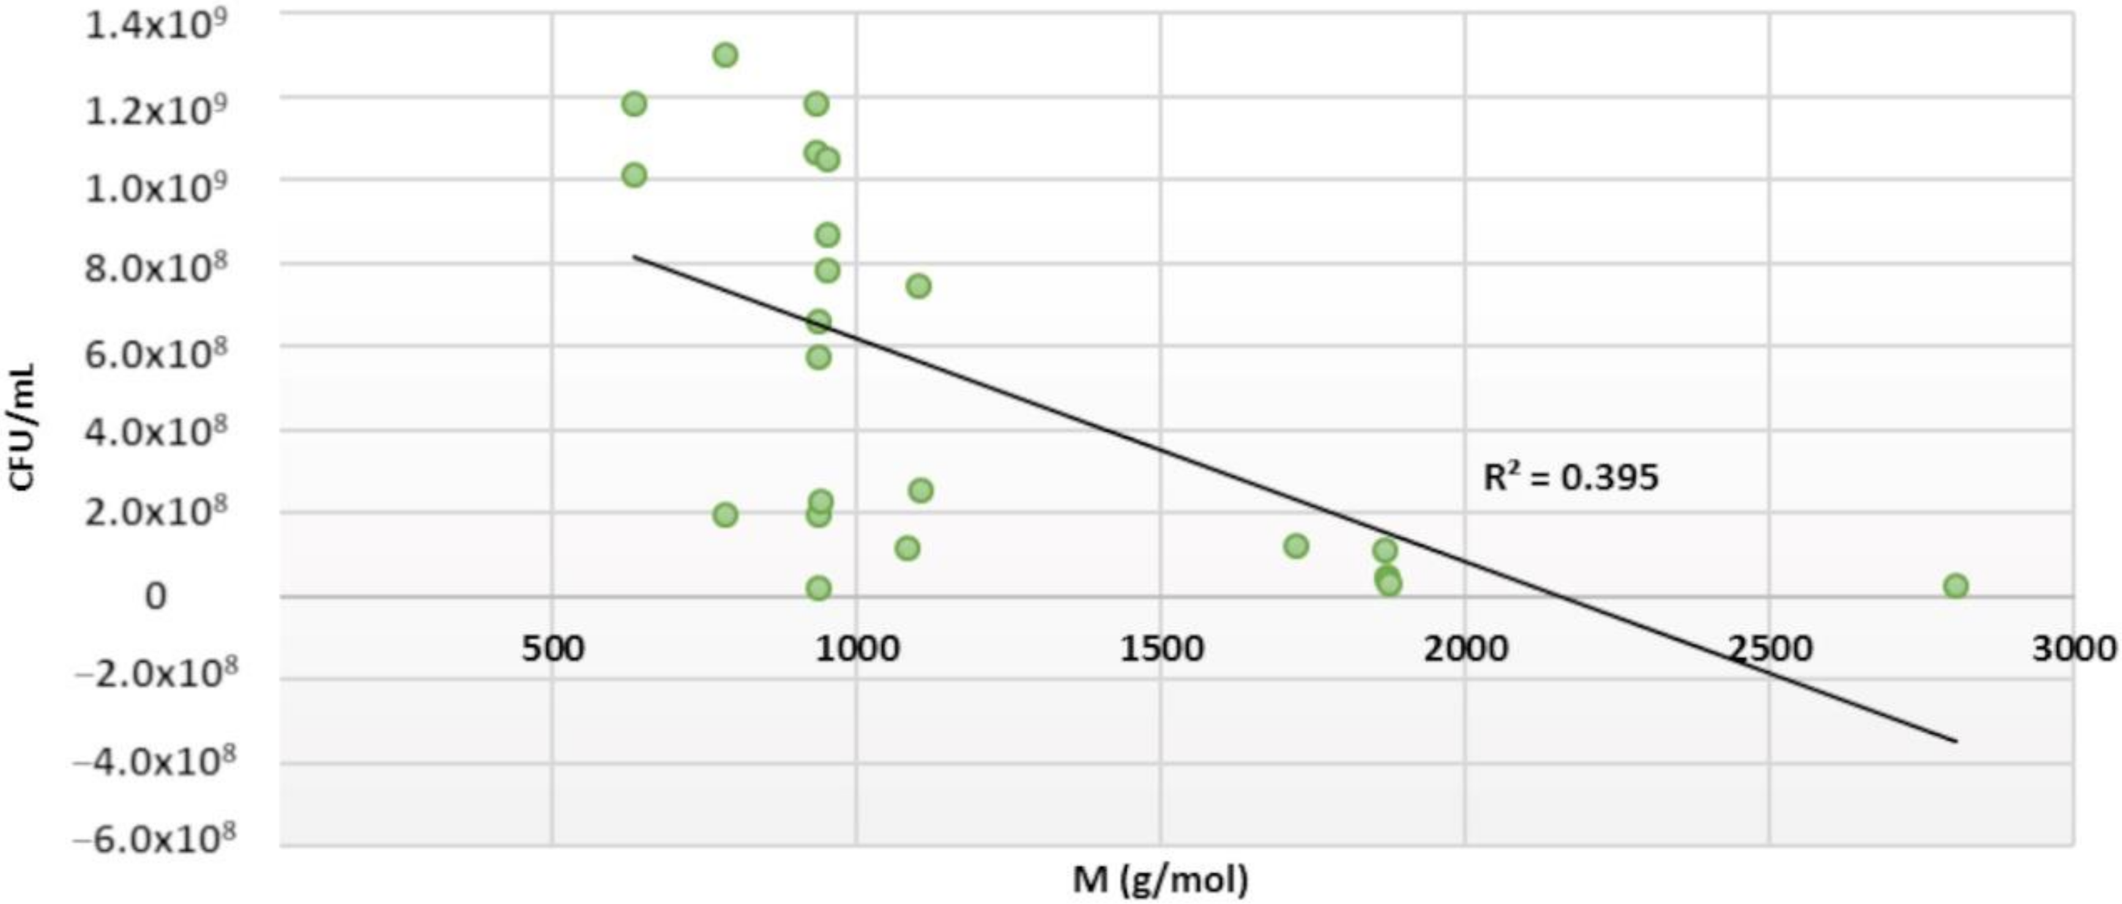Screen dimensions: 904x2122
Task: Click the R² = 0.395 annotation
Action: pos(1570,477)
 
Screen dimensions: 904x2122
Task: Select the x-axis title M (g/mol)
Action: pos(1160,880)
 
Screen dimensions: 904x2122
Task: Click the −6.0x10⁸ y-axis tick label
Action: pos(154,840)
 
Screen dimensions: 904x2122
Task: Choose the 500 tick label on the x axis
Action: pos(553,649)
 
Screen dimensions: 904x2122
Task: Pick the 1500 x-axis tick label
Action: pos(1161,649)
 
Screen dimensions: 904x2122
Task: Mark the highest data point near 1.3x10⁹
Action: pos(725,55)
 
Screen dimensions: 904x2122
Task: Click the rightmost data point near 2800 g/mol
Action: pos(1956,586)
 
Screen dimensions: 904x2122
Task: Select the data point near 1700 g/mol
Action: pos(1296,545)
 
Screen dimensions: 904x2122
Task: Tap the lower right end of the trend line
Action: pos(1955,741)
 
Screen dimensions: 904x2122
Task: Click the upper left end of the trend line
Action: pos(633,256)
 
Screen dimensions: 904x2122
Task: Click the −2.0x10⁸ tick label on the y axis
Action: pos(154,676)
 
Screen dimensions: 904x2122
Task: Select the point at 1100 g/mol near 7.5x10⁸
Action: pos(918,286)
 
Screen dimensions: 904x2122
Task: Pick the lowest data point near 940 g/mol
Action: pos(818,588)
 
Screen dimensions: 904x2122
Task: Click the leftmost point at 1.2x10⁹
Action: pos(633,104)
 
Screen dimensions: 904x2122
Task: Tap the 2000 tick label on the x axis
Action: pos(1465,649)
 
